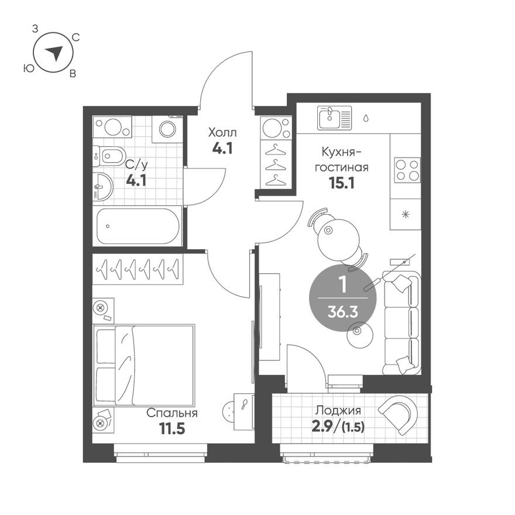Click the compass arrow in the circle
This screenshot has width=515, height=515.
click(x=54, y=53)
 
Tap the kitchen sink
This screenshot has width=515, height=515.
click(x=334, y=118)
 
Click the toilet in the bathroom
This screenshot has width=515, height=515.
click(x=109, y=156)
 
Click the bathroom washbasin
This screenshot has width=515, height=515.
click(x=103, y=187)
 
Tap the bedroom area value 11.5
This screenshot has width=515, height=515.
click(x=172, y=429)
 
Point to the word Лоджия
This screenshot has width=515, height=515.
click(x=337, y=410)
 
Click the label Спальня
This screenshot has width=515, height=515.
click(x=172, y=413)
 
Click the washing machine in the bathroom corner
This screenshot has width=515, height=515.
click(x=167, y=129)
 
